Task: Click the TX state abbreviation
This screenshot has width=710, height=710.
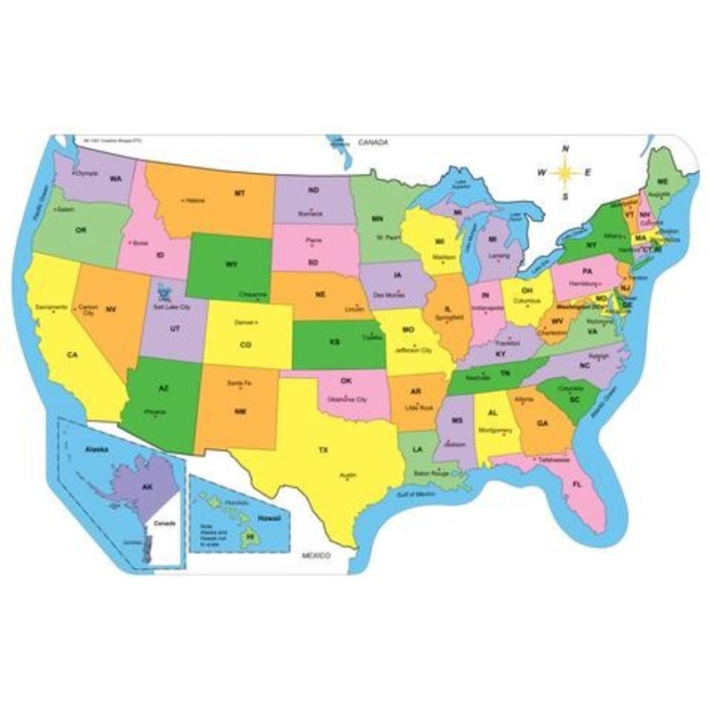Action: point(323,450)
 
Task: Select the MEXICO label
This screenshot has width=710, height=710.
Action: point(314,555)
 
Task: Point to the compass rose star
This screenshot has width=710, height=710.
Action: point(565,171)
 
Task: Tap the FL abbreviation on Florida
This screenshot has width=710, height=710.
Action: point(577,485)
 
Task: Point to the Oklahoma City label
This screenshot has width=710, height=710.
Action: point(348,400)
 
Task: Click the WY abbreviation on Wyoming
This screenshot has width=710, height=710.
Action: point(233,264)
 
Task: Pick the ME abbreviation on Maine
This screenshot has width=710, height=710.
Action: point(662,180)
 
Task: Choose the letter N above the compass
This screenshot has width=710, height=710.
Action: point(565,148)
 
